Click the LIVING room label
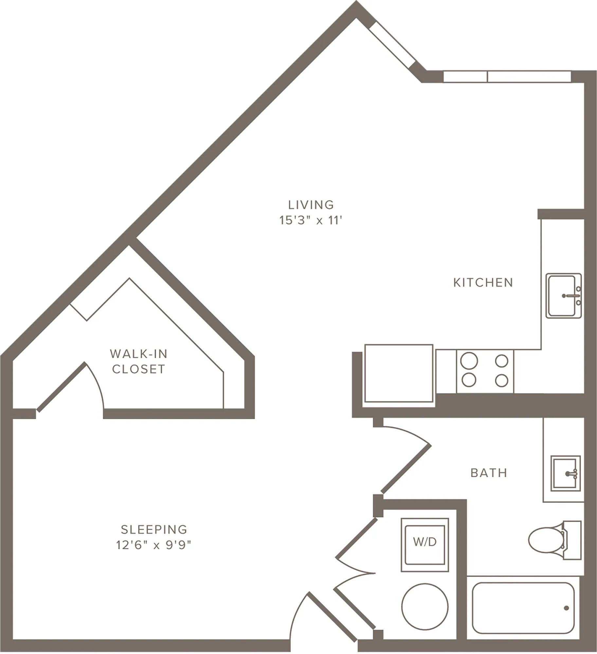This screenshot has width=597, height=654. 311,205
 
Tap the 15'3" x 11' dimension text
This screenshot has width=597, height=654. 311,220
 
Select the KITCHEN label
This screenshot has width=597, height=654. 483,283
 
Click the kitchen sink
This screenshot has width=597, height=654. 564,296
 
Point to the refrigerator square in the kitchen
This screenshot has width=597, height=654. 399,373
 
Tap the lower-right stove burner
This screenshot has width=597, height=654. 501,381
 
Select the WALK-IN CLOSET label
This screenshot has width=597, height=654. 138,361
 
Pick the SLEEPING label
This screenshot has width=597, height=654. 154,529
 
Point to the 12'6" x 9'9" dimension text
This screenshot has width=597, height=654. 154,545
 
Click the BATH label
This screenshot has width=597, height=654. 489,473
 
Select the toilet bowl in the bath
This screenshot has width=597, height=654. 543,540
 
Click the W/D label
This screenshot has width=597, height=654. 425,542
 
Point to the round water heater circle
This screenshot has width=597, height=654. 425,607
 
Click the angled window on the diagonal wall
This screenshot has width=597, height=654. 392,45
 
